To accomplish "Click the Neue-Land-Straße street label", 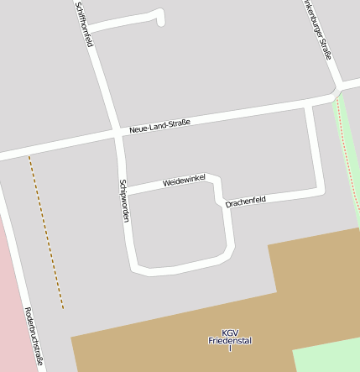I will [x=159, y=126].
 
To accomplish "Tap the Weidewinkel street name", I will [x=185, y=181].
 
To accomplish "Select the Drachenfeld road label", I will [x=245, y=202].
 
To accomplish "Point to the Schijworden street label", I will [x=124, y=201].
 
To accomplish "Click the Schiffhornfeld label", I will [x=83, y=24].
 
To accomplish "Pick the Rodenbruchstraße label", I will [x=34, y=336].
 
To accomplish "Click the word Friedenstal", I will [x=230, y=341].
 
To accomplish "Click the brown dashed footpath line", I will [x=46, y=232].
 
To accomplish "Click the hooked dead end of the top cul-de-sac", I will [x=160, y=18].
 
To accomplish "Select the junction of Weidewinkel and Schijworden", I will [x=126, y=191].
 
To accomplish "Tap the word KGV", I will [x=230, y=332].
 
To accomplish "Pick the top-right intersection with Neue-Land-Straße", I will [x=336, y=89].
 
